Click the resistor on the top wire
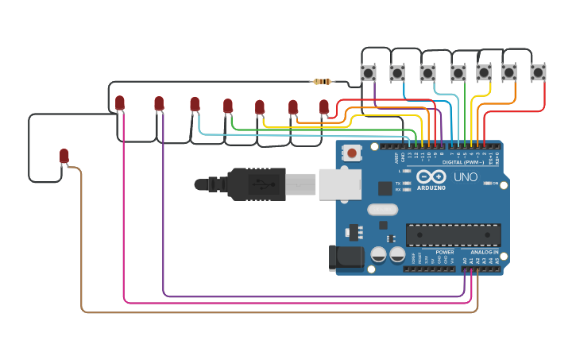(x=323, y=81)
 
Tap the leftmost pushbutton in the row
(x=368, y=73)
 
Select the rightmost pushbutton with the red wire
(x=538, y=72)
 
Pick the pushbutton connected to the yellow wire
(x=483, y=73)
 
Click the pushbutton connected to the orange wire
(x=509, y=73)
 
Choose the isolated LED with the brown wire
(x=64, y=156)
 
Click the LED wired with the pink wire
(x=120, y=103)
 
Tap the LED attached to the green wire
(x=228, y=106)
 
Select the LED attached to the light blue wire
(x=195, y=103)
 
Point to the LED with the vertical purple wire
(x=159, y=103)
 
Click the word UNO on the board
(x=465, y=177)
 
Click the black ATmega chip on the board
(x=453, y=234)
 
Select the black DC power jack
(x=346, y=257)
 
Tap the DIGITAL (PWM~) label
(x=463, y=162)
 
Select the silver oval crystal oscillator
(x=382, y=210)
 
